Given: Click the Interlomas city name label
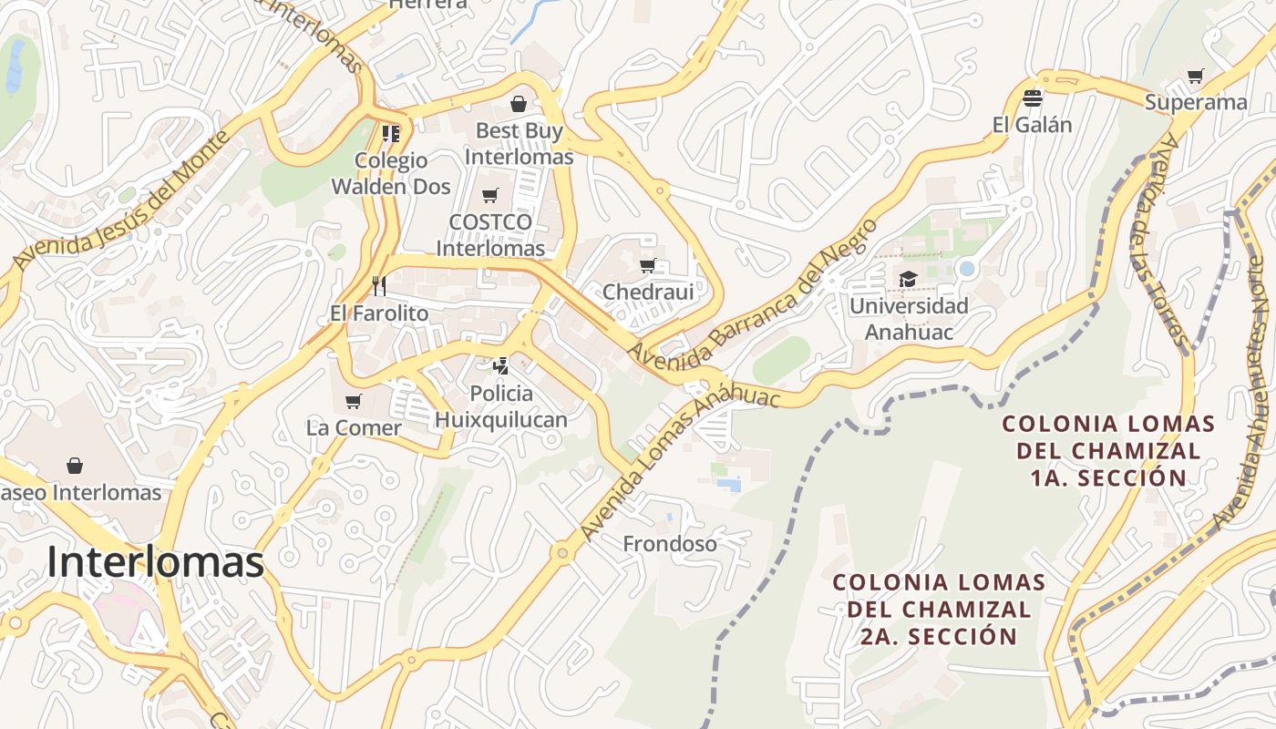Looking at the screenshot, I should click(155, 562).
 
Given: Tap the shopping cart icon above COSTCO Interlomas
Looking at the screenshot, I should click(490, 195).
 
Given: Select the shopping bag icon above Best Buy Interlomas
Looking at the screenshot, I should click(519, 104).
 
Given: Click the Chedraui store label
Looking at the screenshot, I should click(648, 293).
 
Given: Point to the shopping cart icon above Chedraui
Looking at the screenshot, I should click(647, 266).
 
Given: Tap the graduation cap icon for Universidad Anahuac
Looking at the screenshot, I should click(908, 279).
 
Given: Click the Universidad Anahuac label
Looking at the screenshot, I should click(909, 319).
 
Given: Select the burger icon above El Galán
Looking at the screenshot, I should click(1032, 98).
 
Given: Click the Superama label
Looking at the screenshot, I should click(1196, 102).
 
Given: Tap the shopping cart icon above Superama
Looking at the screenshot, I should click(1196, 76).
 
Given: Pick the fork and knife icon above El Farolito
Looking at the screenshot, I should click(379, 286).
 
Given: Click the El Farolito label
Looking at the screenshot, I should click(379, 313).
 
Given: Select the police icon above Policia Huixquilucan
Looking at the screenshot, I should click(500, 366).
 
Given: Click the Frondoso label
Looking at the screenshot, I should click(670, 544).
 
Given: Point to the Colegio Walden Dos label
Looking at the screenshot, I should click(391, 173).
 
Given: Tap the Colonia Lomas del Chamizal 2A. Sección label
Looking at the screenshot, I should click(938, 609).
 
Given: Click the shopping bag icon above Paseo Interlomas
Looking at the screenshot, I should click(75, 466).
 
